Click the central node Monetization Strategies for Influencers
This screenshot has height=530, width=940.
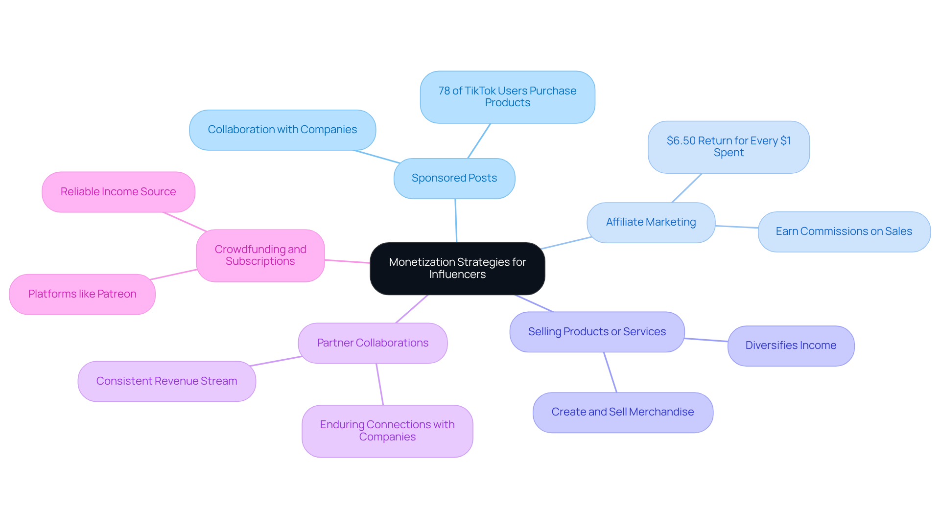tap(457, 268)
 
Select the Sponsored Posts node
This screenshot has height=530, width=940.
tap(454, 178)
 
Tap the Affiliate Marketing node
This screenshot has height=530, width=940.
tap(651, 222)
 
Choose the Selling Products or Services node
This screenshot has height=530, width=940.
tap(597, 332)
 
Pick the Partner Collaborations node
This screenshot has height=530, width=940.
tap(373, 343)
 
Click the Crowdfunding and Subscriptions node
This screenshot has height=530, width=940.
tap(260, 255)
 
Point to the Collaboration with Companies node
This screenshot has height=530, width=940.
tap(282, 130)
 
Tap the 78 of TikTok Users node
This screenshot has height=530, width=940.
tap(507, 97)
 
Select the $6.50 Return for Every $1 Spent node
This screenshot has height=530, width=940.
tap(728, 147)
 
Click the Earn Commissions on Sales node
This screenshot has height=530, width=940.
tap(844, 231)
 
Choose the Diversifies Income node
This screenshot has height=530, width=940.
tap(791, 346)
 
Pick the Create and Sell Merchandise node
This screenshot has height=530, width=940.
tap(622, 412)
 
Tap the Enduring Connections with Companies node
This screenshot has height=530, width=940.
tap(387, 431)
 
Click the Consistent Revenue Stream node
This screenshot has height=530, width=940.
tap(166, 381)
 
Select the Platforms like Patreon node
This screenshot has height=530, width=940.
tap(82, 294)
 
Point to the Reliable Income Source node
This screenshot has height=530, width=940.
tap(118, 192)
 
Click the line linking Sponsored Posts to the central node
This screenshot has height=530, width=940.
tap(456, 220)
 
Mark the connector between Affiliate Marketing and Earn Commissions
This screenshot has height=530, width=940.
tap(736, 227)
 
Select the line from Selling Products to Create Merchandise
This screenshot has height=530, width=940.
tap(610, 372)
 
